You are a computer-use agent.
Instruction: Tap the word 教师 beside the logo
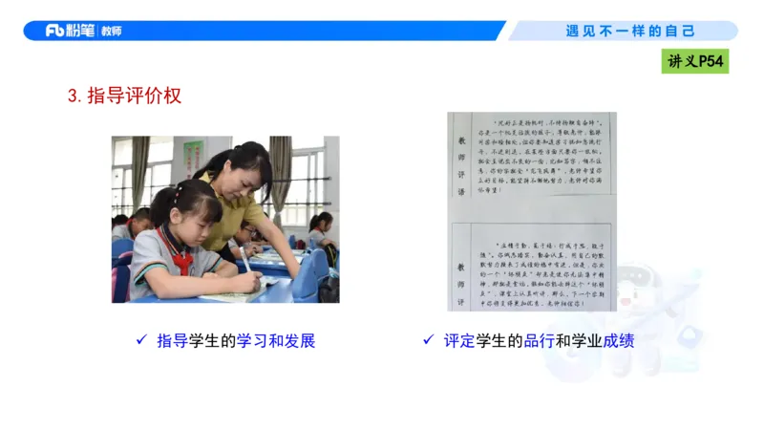111,31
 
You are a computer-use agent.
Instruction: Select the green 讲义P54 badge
696,62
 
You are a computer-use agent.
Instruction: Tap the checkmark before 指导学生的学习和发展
141,340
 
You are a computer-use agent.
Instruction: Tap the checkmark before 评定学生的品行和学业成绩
429,340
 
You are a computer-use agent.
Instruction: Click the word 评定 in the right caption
459,341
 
